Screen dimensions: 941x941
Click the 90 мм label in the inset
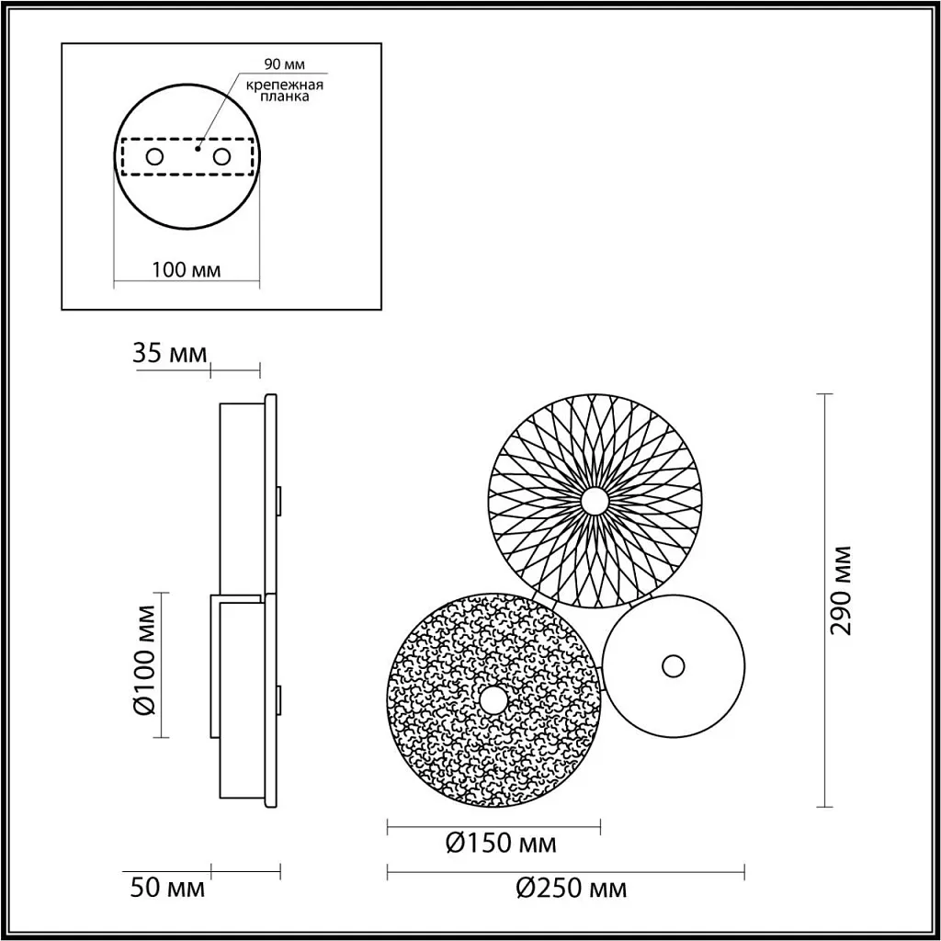pyautogui.click(x=283, y=64)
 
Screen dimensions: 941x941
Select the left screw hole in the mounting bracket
pyautogui.click(x=154, y=156)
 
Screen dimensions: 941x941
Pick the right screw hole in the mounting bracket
pyautogui.click(x=221, y=156)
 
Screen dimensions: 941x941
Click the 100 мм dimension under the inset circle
pyautogui.click(x=186, y=269)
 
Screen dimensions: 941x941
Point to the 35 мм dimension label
pyautogui.click(x=171, y=354)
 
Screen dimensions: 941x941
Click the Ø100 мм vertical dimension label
pyautogui.click(x=147, y=664)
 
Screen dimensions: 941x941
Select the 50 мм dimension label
pyautogui.click(x=167, y=889)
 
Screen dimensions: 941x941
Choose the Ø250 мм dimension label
pyautogui.click(x=571, y=889)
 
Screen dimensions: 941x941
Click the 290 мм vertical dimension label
pyautogui.click(x=841, y=590)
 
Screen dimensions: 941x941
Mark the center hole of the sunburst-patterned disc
pyautogui.click(x=595, y=501)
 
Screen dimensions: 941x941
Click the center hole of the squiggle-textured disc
pyautogui.click(x=493, y=701)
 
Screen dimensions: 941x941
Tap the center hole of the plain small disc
pyautogui.click(x=674, y=665)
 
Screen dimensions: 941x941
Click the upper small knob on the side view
pyautogui.click(x=279, y=497)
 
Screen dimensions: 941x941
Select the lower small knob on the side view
pyautogui.click(x=279, y=697)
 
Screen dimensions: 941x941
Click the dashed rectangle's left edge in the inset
pyautogui.click(x=121, y=156)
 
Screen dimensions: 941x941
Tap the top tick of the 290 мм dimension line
pyautogui.click(x=825, y=394)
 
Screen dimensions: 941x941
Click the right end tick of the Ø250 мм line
pyautogui.click(x=743, y=869)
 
